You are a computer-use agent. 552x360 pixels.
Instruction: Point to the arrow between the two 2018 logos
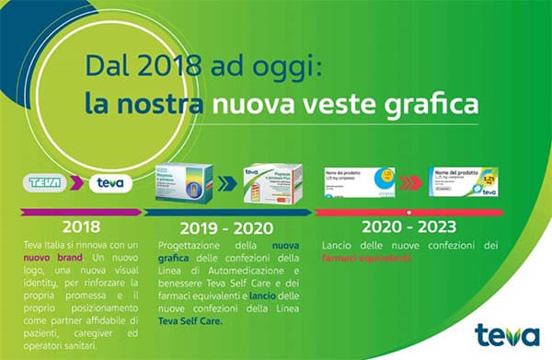point(79,182)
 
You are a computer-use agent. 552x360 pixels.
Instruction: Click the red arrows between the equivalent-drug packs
point(414,182)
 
